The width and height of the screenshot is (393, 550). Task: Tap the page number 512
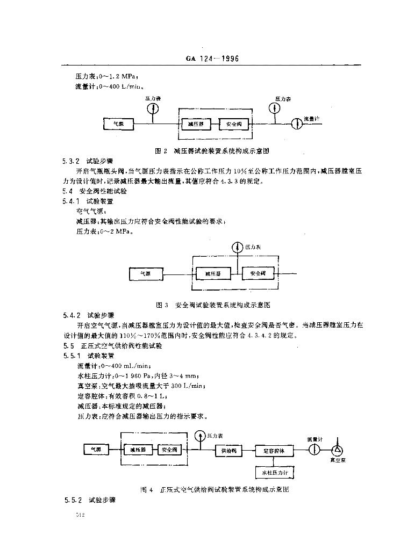[x=81, y=516]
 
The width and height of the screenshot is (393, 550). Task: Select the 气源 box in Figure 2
[x=118, y=124]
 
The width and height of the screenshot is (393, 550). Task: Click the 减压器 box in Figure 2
[x=196, y=124]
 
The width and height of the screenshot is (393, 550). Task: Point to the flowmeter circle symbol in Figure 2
[x=295, y=123]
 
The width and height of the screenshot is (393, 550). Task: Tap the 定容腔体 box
[x=275, y=451]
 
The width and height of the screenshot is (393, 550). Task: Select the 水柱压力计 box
[x=275, y=472]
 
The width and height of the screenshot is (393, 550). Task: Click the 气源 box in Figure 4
[x=96, y=449]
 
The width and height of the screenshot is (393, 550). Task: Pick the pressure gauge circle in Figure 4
[x=200, y=435]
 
